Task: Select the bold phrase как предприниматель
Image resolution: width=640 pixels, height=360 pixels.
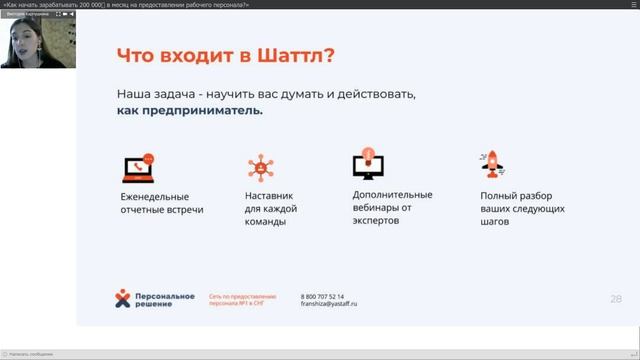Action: [190, 111]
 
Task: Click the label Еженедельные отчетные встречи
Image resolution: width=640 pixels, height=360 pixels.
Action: [161, 203]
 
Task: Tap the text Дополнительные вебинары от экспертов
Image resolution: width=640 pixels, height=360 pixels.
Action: [392, 207]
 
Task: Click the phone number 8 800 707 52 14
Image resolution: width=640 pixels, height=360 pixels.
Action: [322, 297]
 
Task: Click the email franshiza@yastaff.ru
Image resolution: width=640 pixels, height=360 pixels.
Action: [329, 304]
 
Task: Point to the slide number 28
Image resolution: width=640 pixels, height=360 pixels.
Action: [616, 298]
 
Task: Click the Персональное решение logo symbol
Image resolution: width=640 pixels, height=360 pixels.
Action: [123, 299]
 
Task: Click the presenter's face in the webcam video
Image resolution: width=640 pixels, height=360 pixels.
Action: [22, 38]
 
